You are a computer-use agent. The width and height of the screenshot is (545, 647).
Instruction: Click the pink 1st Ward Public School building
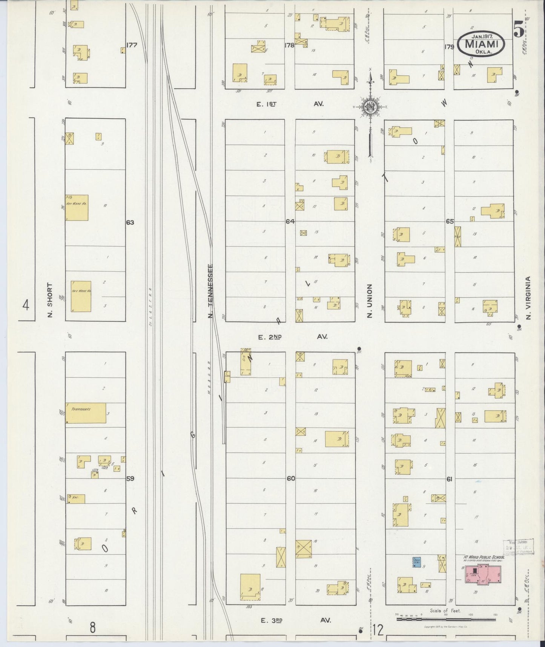click(x=482, y=574)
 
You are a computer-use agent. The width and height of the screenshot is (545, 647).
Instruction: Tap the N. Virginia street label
click(x=528, y=298)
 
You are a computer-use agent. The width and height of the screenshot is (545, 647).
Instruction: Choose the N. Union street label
click(x=370, y=301)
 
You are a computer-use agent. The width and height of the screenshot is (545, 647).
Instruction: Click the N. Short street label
click(x=50, y=300)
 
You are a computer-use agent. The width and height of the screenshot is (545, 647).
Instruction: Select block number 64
click(x=290, y=222)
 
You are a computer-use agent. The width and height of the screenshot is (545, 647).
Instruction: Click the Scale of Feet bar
click(x=446, y=619)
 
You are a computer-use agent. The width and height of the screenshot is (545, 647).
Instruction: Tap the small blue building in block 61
click(x=417, y=561)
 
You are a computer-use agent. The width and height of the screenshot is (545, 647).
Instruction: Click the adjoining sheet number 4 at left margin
click(x=25, y=305)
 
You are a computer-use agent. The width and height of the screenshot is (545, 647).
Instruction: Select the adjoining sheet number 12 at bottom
click(x=378, y=629)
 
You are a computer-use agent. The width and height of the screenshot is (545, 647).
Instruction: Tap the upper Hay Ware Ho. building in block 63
click(x=77, y=208)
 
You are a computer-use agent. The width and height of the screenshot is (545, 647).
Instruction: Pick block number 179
click(x=449, y=47)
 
